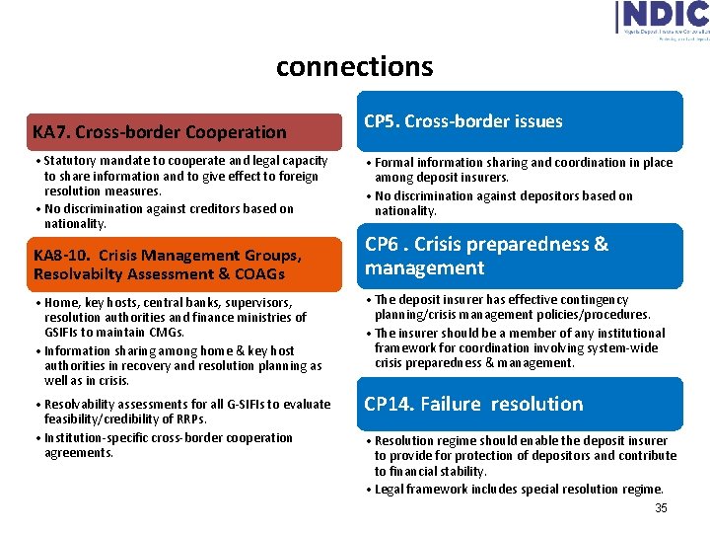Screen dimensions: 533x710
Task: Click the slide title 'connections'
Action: [354, 66]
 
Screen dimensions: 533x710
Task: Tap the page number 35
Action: [661, 508]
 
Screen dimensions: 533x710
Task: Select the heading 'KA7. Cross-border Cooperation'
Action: [159, 131]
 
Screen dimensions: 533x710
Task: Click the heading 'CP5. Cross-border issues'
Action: [463, 121]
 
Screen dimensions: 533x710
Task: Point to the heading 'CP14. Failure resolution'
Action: [473, 404]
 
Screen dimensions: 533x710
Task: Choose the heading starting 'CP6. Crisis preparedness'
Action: [486, 256]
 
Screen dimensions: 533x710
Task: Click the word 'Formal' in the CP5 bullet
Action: [394, 162]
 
